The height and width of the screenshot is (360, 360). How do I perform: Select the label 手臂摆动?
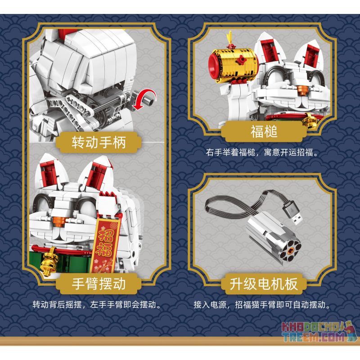[x=99, y=284]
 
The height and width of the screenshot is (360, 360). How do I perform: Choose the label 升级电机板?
[x=263, y=284]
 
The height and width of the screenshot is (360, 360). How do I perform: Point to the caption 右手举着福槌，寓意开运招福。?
[x=263, y=153]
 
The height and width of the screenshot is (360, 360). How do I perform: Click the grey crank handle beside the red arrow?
[x=128, y=96]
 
